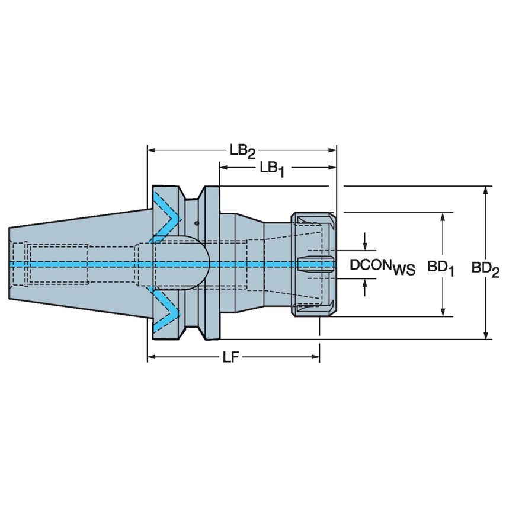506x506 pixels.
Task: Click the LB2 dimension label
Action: [x=242, y=151]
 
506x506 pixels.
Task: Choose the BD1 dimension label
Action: [x=441, y=268]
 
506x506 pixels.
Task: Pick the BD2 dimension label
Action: [x=485, y=268]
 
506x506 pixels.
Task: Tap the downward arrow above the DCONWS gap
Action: [x=365, y=245]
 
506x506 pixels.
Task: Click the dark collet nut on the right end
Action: [x=312, y=264]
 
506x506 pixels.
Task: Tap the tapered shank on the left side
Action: [x=77, y=264]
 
